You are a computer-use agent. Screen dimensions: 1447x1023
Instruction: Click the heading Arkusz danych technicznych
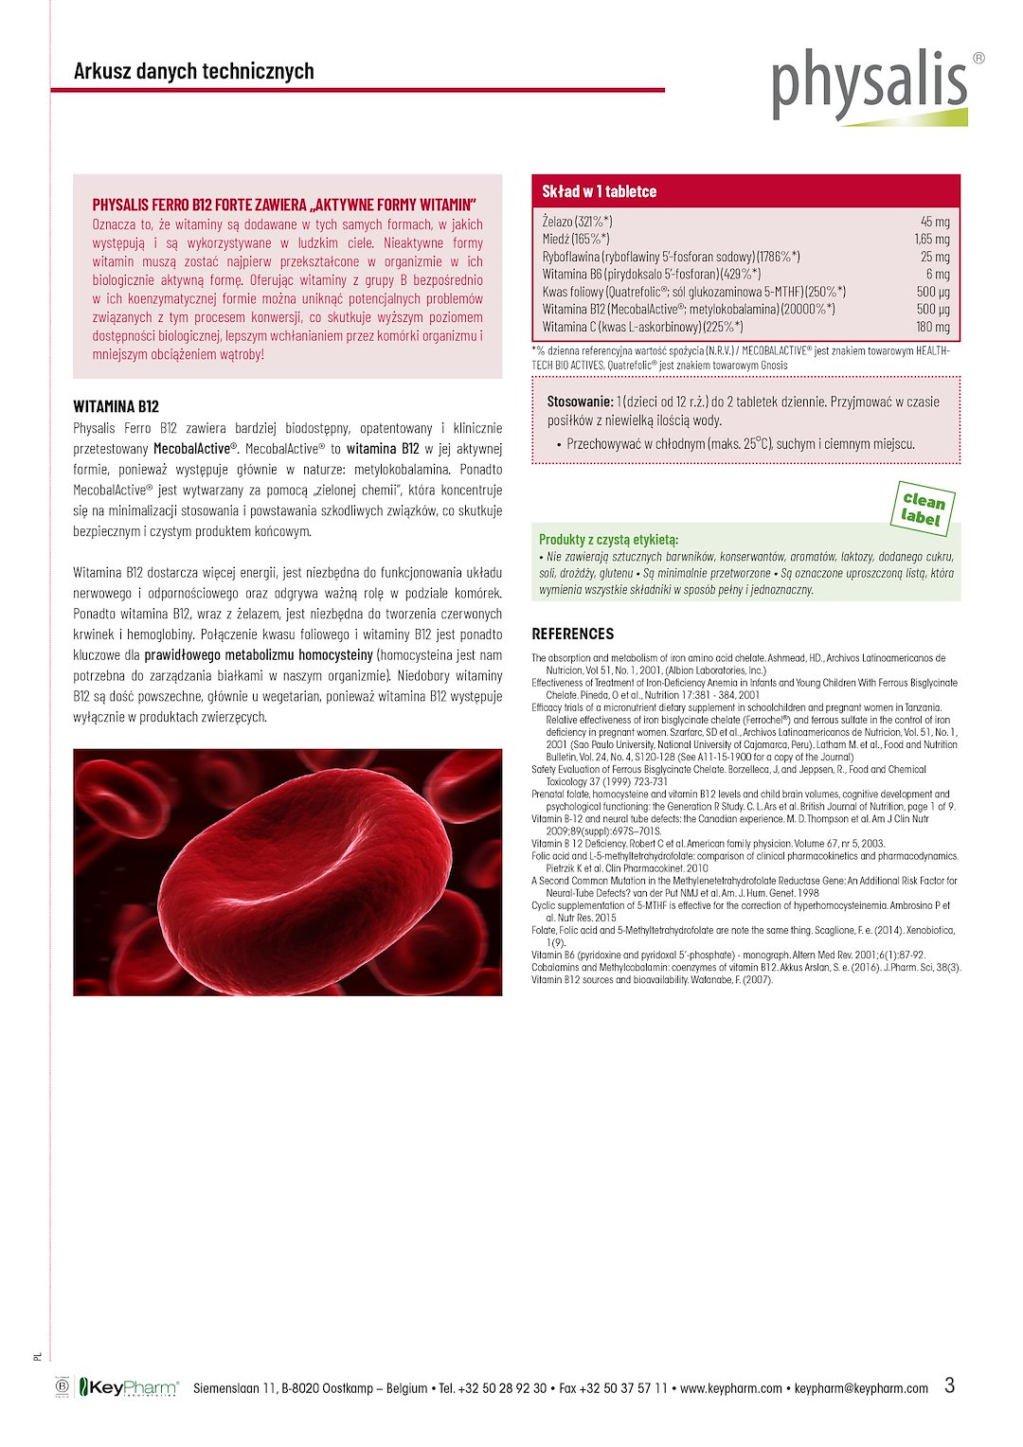[193, 71]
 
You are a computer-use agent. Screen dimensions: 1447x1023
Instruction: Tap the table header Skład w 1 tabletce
[599, 191]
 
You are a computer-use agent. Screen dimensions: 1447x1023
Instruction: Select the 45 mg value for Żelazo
[935, 222]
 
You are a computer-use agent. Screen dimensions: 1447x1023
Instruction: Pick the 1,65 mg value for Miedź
[932, 240]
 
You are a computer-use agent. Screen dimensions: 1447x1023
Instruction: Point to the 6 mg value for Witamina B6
[938, 275]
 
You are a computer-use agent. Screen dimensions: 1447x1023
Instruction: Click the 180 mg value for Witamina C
[933, 327]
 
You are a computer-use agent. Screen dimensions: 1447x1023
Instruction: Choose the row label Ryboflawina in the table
[570, 257]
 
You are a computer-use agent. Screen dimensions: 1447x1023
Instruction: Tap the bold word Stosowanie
[580, 402]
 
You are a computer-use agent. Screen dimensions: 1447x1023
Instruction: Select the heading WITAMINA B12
[116, 407]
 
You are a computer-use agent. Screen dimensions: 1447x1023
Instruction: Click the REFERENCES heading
[572, 634]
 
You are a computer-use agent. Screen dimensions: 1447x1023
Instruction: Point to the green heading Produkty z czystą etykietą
[608, 539]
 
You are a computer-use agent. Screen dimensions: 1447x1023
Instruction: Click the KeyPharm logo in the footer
[128, 1388]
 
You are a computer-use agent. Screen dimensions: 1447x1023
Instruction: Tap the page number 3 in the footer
[950, 1385]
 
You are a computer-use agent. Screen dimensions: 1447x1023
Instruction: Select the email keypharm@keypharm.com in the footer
[861, 1388]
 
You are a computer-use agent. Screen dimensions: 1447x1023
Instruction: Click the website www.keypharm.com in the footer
[731, 1388]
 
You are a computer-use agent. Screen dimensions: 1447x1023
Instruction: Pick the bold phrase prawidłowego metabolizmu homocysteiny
[259, 655]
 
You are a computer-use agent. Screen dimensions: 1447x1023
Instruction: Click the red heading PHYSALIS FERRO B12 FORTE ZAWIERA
[284, 205]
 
